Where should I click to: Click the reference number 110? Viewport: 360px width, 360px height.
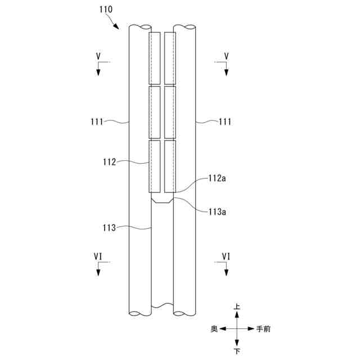[106, 10]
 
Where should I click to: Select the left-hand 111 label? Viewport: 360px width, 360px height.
[97, 121]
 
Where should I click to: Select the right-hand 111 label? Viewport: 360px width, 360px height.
[225, 121]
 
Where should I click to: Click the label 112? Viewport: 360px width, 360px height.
[109, 162]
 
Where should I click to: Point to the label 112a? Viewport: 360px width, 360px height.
[217, 178]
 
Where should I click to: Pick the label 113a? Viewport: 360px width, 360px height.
[217, 211]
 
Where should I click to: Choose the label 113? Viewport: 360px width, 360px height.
[109, 228]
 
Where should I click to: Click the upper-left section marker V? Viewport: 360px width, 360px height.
[98, 56]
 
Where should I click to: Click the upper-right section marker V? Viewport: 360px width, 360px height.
[226, 56]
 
